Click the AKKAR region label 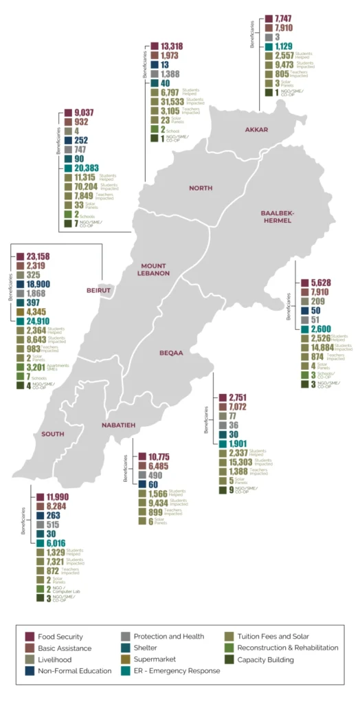[x=256, y=129]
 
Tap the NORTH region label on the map [x=200, y=188]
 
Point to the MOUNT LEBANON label [x=155, y=269]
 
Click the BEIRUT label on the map [x=99, y=290]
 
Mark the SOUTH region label [x=52, y=434]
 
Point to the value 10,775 [x=154, y=457]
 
